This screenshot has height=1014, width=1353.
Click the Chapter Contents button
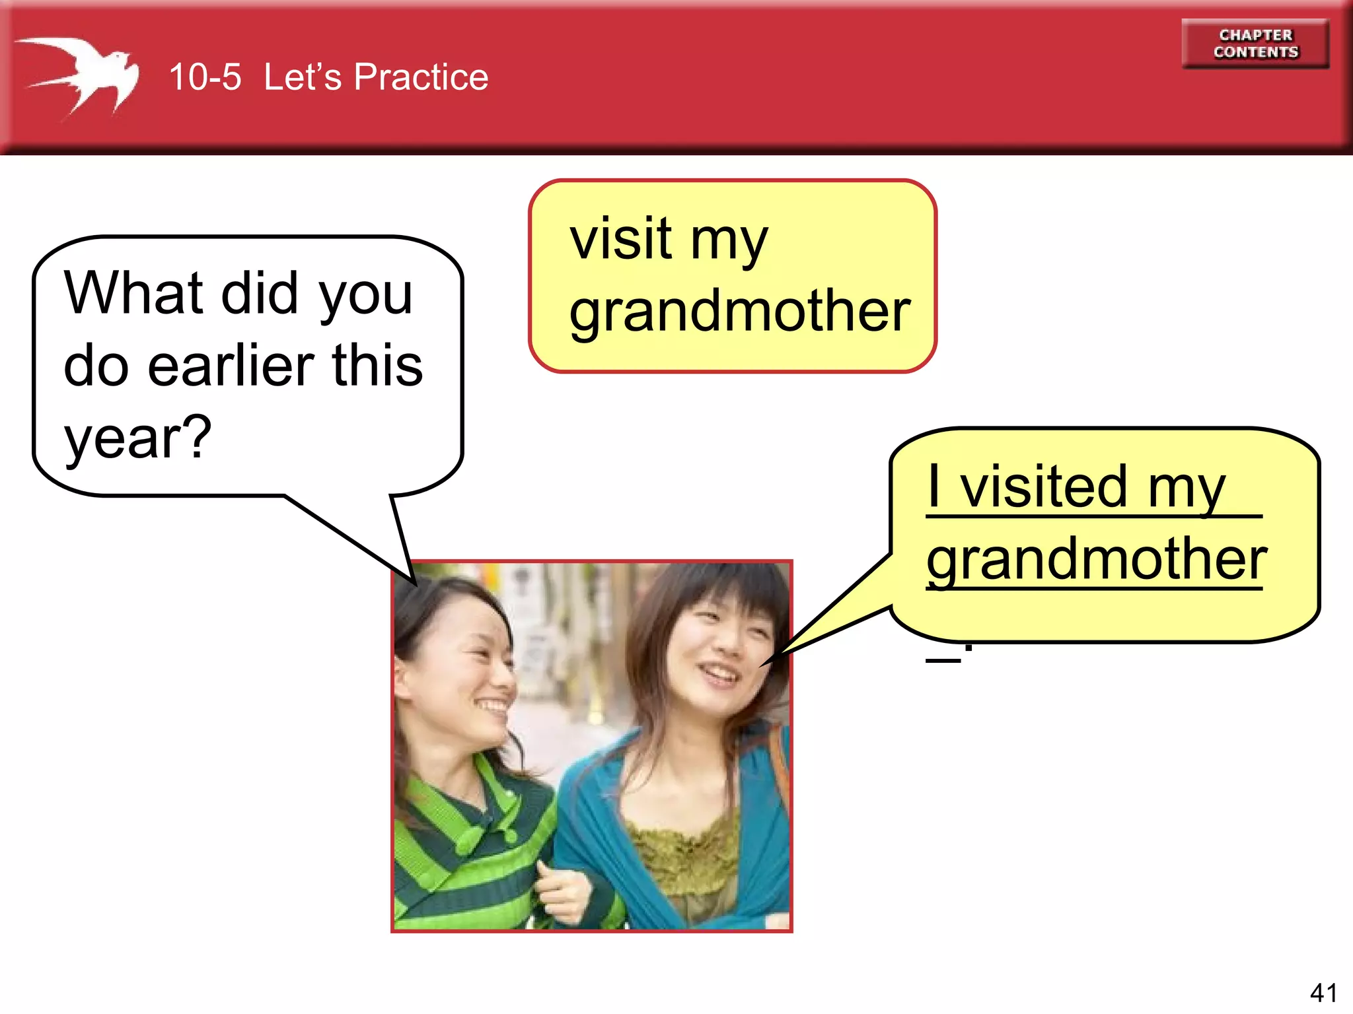pyautogui.click(x=1255, y=44)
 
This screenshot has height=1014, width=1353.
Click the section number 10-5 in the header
pyautogui.click(x=205, y=77)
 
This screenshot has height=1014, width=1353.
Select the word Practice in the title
pyautogui.click(x=421, y=77)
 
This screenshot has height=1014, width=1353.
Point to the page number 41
pyautogui.click(x=1323, y=992)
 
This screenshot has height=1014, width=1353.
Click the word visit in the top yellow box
pyautogui.click(x=620, y=238)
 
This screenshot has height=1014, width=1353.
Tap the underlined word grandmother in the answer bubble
pyautogui.click(x=1096, y=559)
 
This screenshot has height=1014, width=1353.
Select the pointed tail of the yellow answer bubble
pyautogui.click(x=832, y=614)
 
